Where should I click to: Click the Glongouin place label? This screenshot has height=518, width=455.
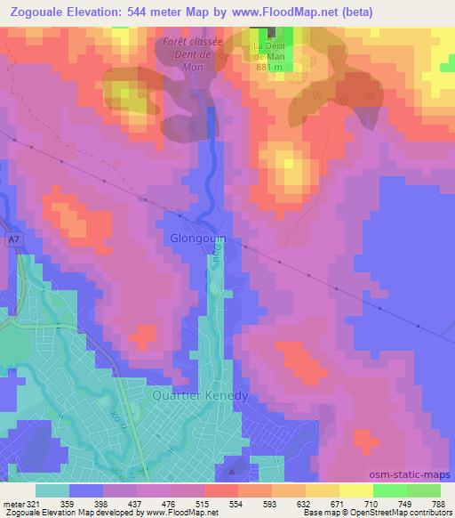(x=199, y=239)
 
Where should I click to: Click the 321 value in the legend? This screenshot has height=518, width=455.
(x=34, y=504)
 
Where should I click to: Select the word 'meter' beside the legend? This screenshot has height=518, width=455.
(x=12, y=504)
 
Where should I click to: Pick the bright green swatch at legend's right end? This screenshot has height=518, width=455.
(x=423, y=490)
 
